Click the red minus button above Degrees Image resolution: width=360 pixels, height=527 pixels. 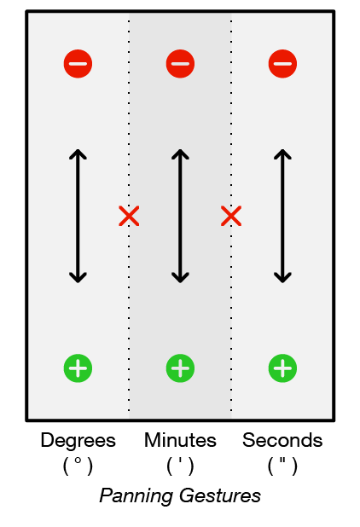click(x=78, y=63)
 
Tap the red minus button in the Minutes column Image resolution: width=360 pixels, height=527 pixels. click(x=180, y=63)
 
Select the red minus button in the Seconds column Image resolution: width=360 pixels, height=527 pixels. click(x=282, y=63)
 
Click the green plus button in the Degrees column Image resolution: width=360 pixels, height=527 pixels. click(x=78, y=368)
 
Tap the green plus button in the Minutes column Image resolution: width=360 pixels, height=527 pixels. click(x=180, y=368)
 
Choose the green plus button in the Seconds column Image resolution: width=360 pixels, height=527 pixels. click(x=282, y=368)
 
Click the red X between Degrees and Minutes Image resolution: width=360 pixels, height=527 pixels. click(x=129, y=216)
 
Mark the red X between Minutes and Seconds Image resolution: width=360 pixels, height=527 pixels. click(x=231, y=216)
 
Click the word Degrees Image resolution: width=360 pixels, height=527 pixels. click(x=78, y=441)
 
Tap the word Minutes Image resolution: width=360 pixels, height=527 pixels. click(x=180, y=440)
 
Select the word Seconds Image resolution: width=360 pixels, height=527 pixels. click(x=282, y=440)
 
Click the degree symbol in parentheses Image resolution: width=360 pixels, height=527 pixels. click(x=78, y=460)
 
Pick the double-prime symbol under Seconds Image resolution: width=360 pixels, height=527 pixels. click(x=282, y=460)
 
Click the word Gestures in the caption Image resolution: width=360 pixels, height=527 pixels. click(x=220, y=495)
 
